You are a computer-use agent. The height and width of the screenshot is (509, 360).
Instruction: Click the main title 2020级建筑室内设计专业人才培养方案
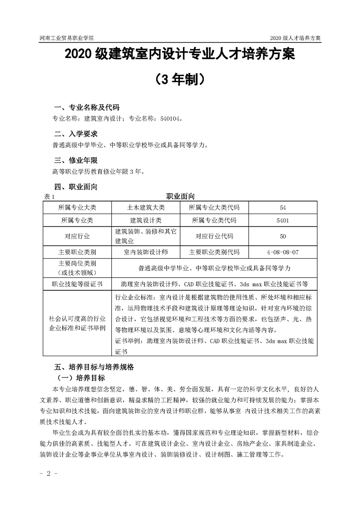click(x=180, y=55)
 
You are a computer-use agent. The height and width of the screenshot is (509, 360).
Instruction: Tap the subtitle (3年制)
click(x=180, y=80)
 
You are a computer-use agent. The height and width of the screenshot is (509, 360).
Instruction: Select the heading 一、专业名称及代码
click(x=87, y=108)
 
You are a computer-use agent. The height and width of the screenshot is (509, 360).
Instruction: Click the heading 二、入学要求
click(x=76, y=134)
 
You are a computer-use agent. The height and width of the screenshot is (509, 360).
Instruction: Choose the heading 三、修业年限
click(x=76, y=161)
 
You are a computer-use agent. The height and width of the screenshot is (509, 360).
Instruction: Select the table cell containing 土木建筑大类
click(x=146, y=208)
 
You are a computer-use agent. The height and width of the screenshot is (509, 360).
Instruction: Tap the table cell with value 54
click(x=283, y=208)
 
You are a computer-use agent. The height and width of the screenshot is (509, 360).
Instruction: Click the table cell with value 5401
click(x=283, y=221)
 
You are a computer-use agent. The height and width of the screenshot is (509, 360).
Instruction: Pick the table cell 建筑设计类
click(x=146, y=221)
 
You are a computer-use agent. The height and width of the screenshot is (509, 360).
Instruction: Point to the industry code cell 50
click(x=283, y=236)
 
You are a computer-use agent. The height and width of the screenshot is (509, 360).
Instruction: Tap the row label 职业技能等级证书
click(x=78, y=284)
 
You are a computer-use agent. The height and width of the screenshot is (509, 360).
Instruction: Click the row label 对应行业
click(x=78, y=236)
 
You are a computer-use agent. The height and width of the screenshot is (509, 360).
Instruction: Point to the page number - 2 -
click(x=47, y=474)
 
